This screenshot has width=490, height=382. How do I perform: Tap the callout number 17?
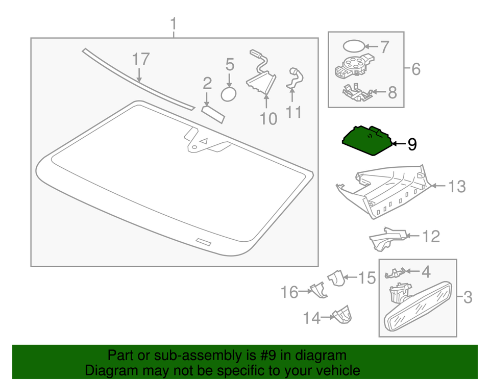[141, 59]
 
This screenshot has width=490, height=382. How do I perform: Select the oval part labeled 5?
[229, 94]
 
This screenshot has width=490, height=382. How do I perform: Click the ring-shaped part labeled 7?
[352, 46]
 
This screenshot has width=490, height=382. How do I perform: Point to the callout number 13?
[457, 187]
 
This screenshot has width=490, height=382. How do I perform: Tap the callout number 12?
[431, 236]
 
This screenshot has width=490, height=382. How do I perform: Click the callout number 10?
[268, 118]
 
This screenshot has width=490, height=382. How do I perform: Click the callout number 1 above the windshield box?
[174, 24]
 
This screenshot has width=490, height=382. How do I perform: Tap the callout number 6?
[416, 68]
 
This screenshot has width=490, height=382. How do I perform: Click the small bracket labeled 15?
[335, 278]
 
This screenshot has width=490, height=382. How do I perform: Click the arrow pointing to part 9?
[398, 145]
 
